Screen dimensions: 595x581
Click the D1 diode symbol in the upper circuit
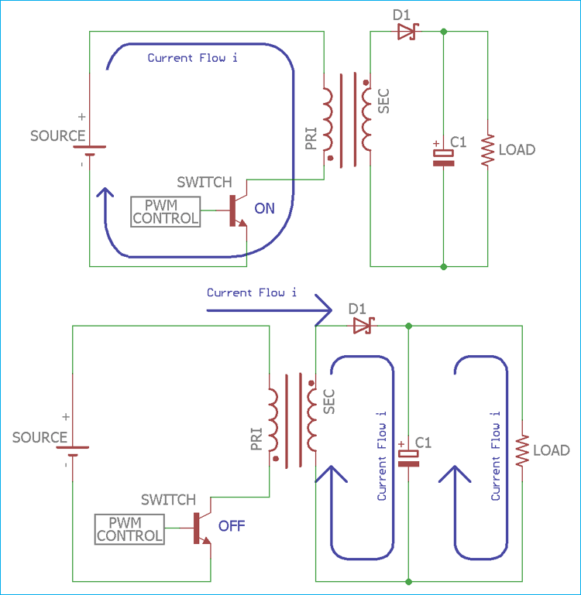(406, 32)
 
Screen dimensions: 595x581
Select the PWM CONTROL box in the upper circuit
(165, 211)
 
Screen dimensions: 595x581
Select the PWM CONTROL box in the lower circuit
(129, 529)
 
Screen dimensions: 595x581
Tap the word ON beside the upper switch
(264, 208)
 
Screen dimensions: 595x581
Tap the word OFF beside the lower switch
(231, 526)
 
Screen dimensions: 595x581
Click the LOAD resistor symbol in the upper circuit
(487, 150)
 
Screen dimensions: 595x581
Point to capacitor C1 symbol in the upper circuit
(443, 157)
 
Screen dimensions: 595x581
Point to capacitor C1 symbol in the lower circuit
(408, 457)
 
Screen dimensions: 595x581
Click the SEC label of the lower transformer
(329, 402)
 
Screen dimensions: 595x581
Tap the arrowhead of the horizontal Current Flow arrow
(324, 310)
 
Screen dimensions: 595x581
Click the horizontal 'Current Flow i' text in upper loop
(192, 58)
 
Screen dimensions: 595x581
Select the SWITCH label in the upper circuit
(204, 183)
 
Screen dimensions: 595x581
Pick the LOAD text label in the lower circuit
(551, 450)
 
